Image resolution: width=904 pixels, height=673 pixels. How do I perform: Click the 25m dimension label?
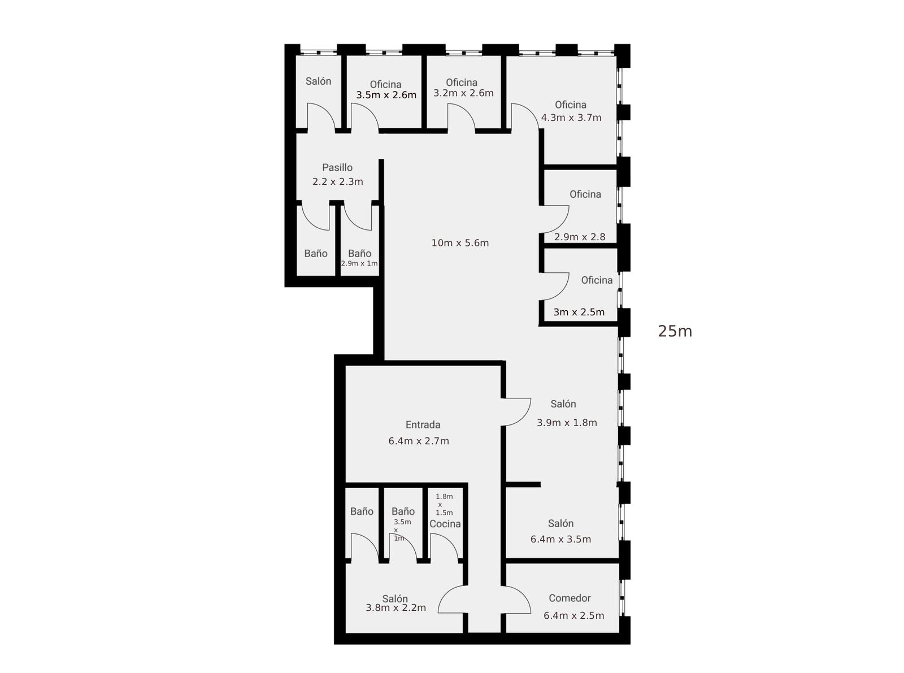(x=675, y=331)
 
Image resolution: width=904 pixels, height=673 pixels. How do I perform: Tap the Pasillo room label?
(x=337, y=167)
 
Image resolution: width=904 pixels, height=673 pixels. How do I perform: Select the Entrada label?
(x=423, y=425)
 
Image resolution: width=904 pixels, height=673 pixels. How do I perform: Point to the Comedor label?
(x=570, y=598)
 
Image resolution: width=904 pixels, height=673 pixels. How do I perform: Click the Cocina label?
(x=445, y=524)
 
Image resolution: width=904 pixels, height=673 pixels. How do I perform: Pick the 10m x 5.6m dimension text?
(x=460, y=243)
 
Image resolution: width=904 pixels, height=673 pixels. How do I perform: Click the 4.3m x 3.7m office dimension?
(x=571, y=118)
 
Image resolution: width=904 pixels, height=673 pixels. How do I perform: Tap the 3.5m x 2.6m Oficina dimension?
(x=386, y=95)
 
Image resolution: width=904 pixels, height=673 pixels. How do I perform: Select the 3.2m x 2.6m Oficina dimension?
(x=463, y=93)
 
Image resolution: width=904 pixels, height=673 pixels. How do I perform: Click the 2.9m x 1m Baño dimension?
(x=359, y=263)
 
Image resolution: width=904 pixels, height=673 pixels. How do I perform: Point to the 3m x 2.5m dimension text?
(x=579, y=312)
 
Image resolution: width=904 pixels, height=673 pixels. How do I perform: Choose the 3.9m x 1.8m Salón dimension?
(x=567, y=423)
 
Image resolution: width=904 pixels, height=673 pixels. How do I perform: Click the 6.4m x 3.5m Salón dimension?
(x=560, y=539)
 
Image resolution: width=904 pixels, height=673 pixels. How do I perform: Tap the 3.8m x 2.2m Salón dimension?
(x=395, y=608)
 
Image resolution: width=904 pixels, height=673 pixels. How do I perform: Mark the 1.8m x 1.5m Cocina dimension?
(x=444, y=504)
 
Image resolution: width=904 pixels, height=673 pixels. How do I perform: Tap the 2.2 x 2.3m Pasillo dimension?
(x=337, y=182)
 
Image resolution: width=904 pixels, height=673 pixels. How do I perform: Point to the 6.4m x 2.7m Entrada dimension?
(x=419, y=441)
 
